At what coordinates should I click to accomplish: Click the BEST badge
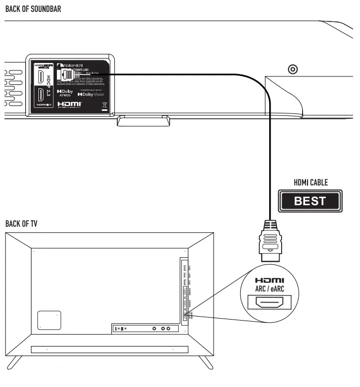310,201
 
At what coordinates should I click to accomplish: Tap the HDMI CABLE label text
310,183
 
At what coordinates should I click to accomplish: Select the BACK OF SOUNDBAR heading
32,8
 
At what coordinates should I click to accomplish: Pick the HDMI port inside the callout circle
270,303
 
